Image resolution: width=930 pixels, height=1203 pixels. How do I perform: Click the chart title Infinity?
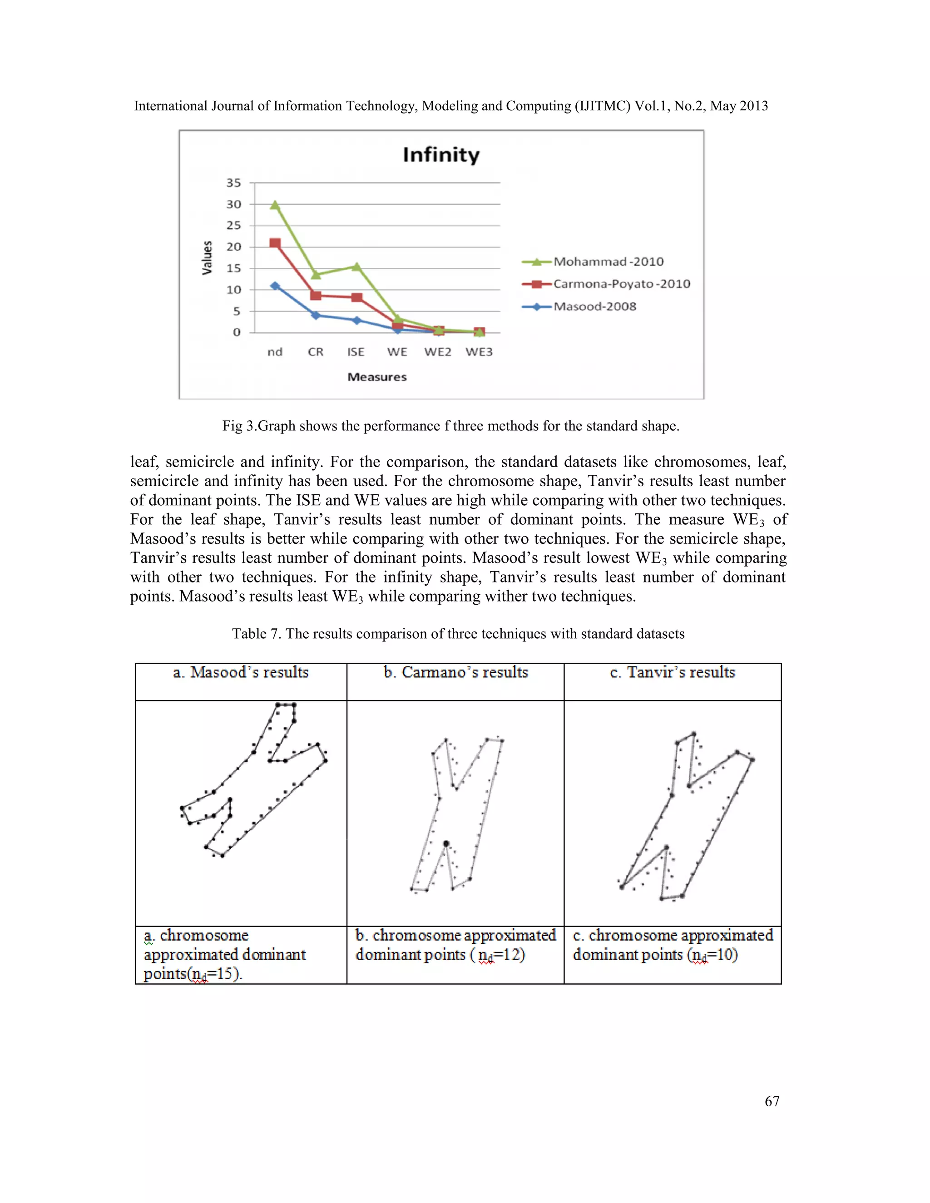click(x=441, y=155)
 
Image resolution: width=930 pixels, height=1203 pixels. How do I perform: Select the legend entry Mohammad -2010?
click(x=608, y=261)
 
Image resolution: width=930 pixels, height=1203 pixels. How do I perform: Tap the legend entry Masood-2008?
click(x=594, y=306)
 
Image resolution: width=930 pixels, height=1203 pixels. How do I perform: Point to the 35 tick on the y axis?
click(x=233, y=182)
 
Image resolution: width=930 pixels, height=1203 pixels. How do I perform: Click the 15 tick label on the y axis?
click(x=233, y=268)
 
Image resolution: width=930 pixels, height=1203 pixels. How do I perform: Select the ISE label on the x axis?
click(x=356, y=352)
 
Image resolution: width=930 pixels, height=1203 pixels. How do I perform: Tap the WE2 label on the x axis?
click(x=437, y=352)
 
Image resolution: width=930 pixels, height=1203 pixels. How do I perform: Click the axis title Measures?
click(x=377, y=377)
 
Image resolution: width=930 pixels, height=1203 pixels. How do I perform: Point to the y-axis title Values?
click(x=207, y=257)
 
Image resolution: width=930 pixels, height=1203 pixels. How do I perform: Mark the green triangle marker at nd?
click(x=275, y=205)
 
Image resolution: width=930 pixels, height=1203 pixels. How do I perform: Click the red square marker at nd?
click(x=275, y=243)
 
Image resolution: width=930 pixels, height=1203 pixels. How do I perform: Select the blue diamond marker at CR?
click(x=316, y=315)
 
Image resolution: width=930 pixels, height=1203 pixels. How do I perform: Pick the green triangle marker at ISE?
click(x=356, y=266)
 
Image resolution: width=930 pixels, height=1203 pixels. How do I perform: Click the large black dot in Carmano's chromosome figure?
click(x=446, y=844)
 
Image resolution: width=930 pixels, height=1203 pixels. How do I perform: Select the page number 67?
click(x=772, y=1101)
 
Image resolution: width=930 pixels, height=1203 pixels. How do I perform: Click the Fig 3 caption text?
click(x=450, y=426)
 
